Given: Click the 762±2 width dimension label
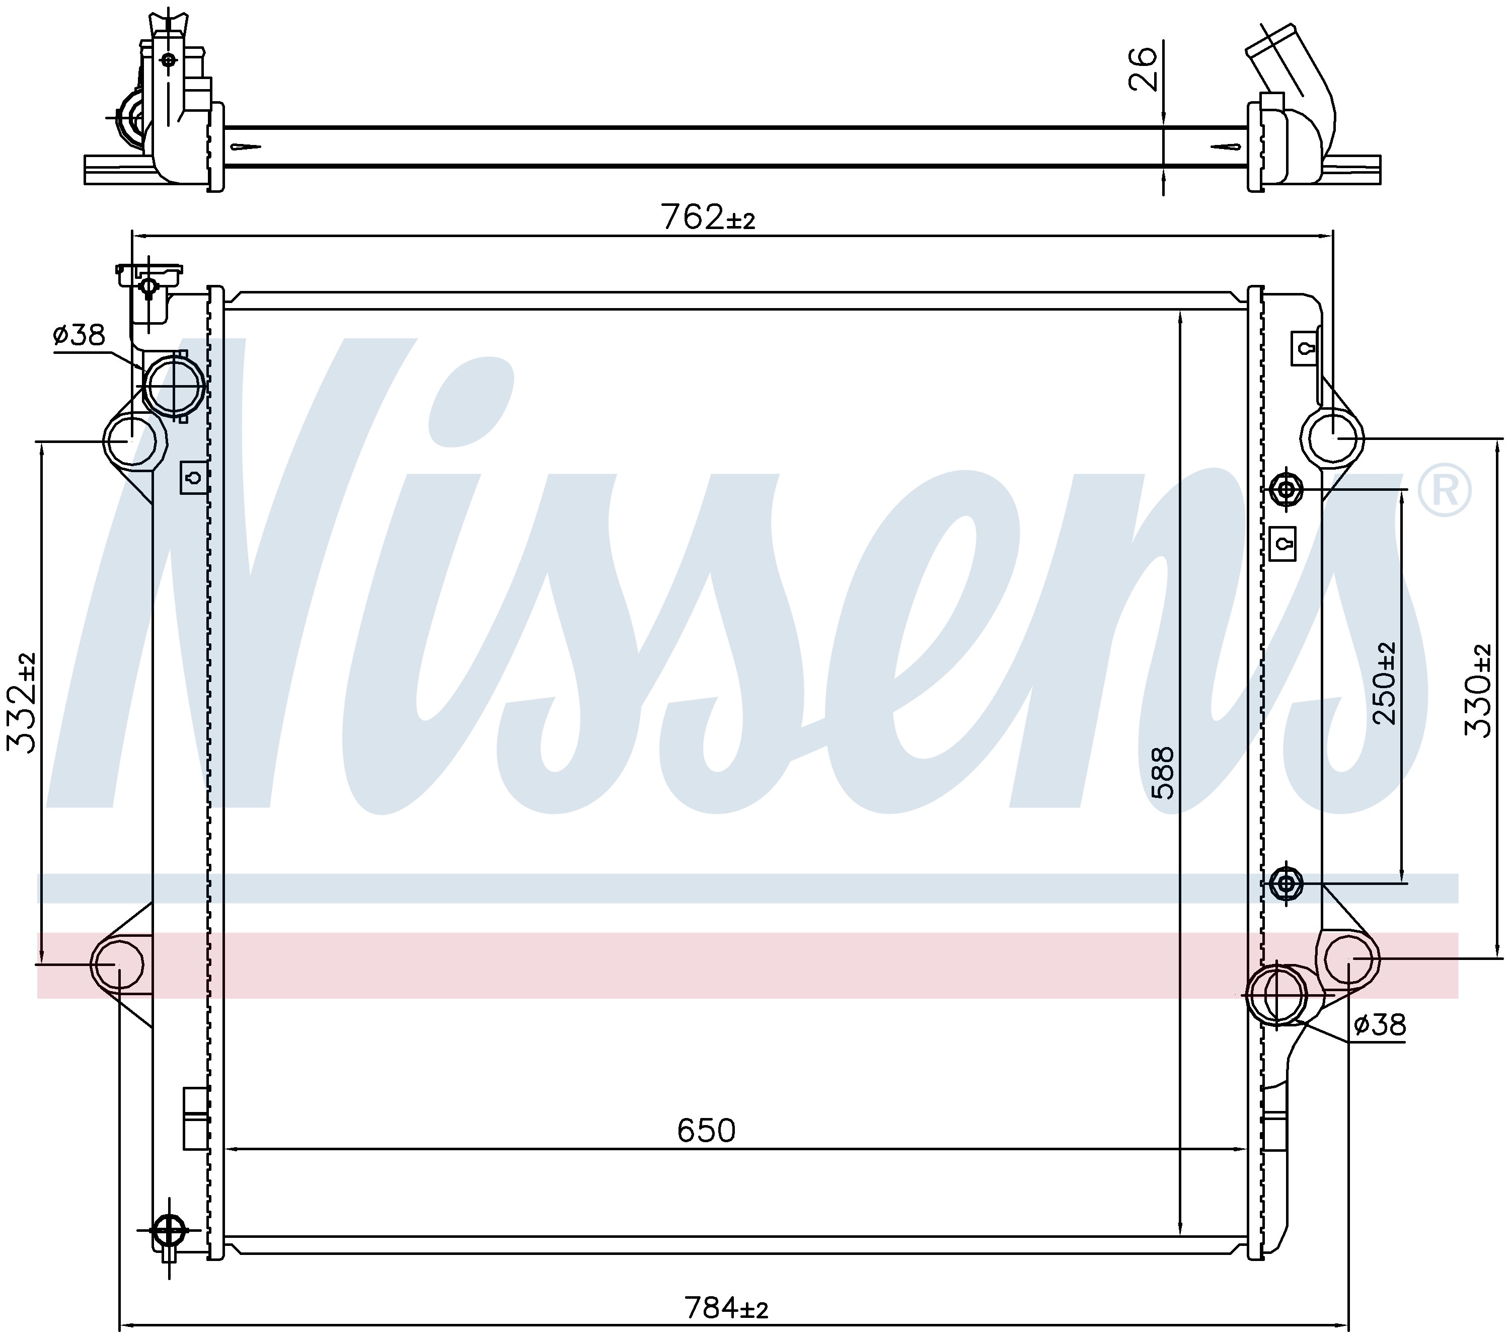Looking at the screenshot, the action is pos(708,217).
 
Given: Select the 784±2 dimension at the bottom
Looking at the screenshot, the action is pos(726,1308).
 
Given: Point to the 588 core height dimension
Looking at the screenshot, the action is pos(1162,773).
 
